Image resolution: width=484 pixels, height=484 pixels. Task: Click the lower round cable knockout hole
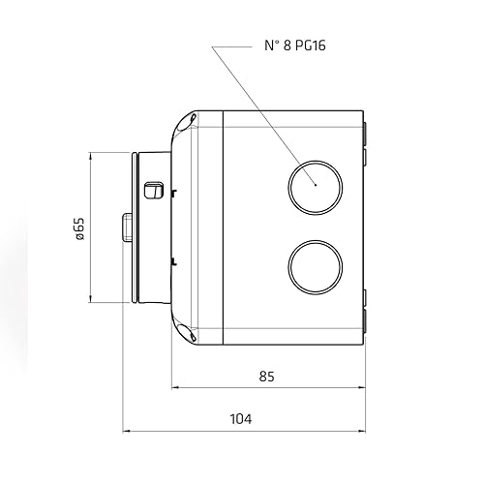pos(314,261)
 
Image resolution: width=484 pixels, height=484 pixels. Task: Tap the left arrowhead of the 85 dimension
pos(177,389)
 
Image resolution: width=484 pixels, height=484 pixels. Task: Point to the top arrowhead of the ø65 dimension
pos(91,155)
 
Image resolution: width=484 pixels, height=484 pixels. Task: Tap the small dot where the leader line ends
pos(315,181)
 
